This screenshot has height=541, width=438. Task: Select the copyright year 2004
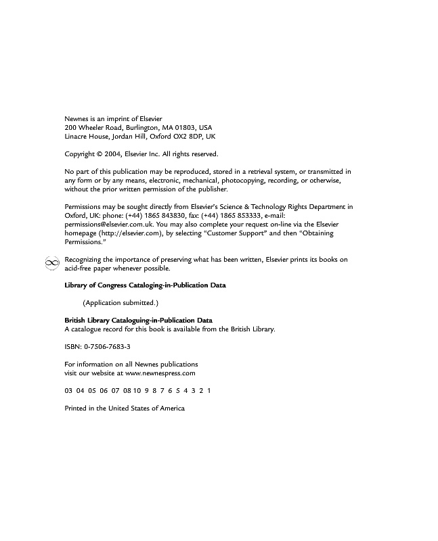(113, 154)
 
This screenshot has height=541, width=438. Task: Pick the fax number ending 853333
(241, 216)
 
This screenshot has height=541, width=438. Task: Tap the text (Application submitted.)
(121, 302)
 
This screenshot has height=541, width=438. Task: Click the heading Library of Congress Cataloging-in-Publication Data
(145, 285)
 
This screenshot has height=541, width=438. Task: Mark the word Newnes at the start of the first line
(76, 118)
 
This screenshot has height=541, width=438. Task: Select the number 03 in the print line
(68, 391)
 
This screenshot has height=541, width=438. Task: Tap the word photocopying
(233, 181)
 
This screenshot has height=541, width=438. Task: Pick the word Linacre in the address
(76, 136)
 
